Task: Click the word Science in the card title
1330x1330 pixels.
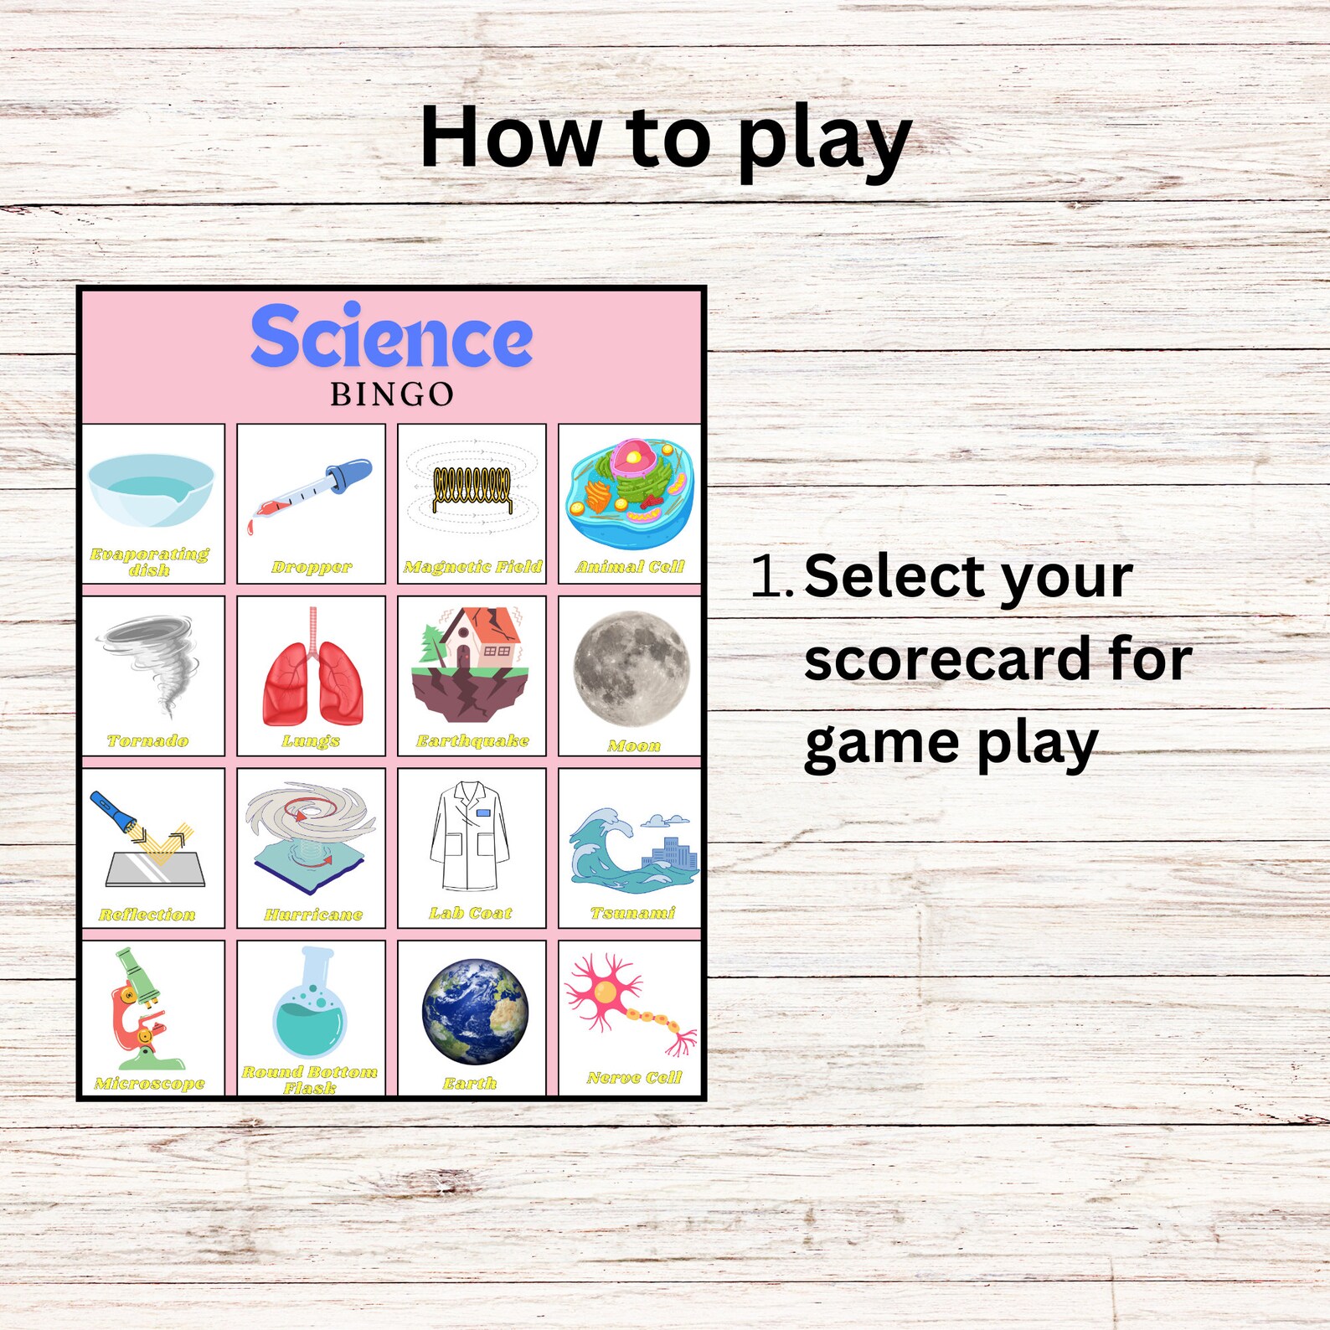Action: click(391, 337)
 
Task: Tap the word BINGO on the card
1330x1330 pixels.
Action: click(392, 394)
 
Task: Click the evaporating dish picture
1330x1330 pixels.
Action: click(152, 490)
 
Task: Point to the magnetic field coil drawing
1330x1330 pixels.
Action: click(472, 490)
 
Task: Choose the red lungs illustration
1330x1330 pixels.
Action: click(312, 674)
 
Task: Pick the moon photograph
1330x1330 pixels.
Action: click(631, 668)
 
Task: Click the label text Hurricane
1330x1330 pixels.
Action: click(313, 915)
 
